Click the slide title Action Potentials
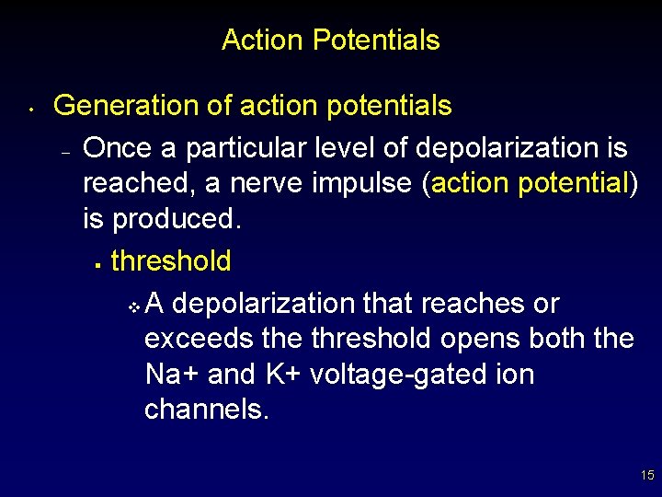[330, 40]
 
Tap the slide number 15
[647, 475]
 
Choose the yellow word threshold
[171, 260]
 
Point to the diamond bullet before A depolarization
[134, 305]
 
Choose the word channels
[207, 410]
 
